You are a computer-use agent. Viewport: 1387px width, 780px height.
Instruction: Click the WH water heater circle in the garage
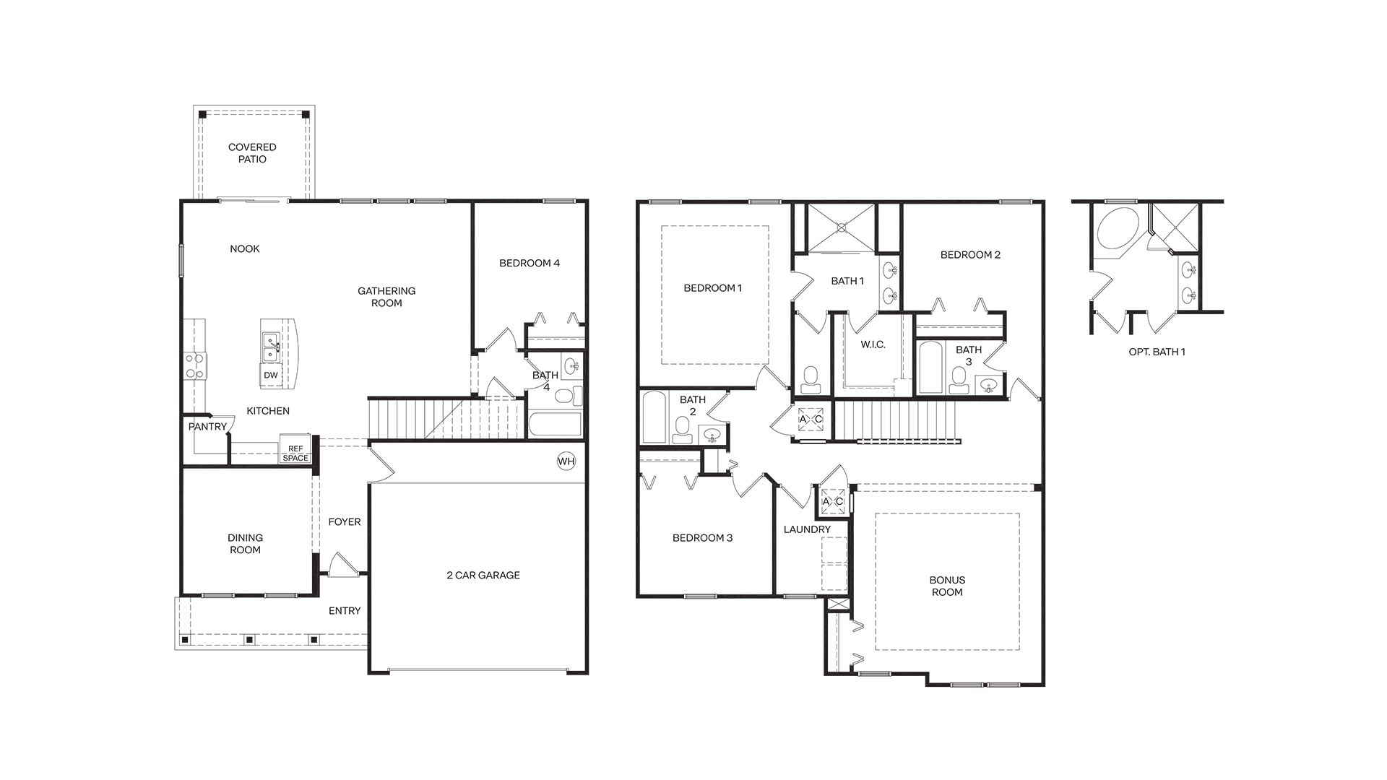point(566,461)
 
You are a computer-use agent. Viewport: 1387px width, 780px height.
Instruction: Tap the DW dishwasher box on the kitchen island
point(270,375)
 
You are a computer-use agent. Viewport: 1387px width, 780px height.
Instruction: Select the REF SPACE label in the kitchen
point(295,453)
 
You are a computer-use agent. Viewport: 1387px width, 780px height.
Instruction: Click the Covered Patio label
point(252,153)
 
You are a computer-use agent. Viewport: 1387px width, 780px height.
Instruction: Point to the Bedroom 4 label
point(530,263)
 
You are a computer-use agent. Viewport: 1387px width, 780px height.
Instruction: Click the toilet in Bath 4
point(575,395)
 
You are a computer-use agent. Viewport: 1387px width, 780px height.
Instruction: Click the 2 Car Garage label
point(483,575)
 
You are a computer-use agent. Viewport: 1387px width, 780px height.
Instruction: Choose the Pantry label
point(207,427)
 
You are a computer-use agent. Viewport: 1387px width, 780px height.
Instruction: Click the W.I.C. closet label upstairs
point(873,344)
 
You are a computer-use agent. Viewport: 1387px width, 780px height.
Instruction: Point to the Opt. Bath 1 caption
point(1157,352)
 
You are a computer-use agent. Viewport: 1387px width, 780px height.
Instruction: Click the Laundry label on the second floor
point(807,529)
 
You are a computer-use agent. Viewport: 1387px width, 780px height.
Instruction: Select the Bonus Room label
point(947,586)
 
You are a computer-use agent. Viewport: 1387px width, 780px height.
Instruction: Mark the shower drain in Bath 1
point(841,227)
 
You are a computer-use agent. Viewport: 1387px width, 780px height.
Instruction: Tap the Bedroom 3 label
point(702,537)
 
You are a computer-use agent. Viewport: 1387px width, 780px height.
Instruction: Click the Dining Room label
point(245,543)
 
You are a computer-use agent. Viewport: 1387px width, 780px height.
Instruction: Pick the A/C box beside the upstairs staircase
point(810,419)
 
